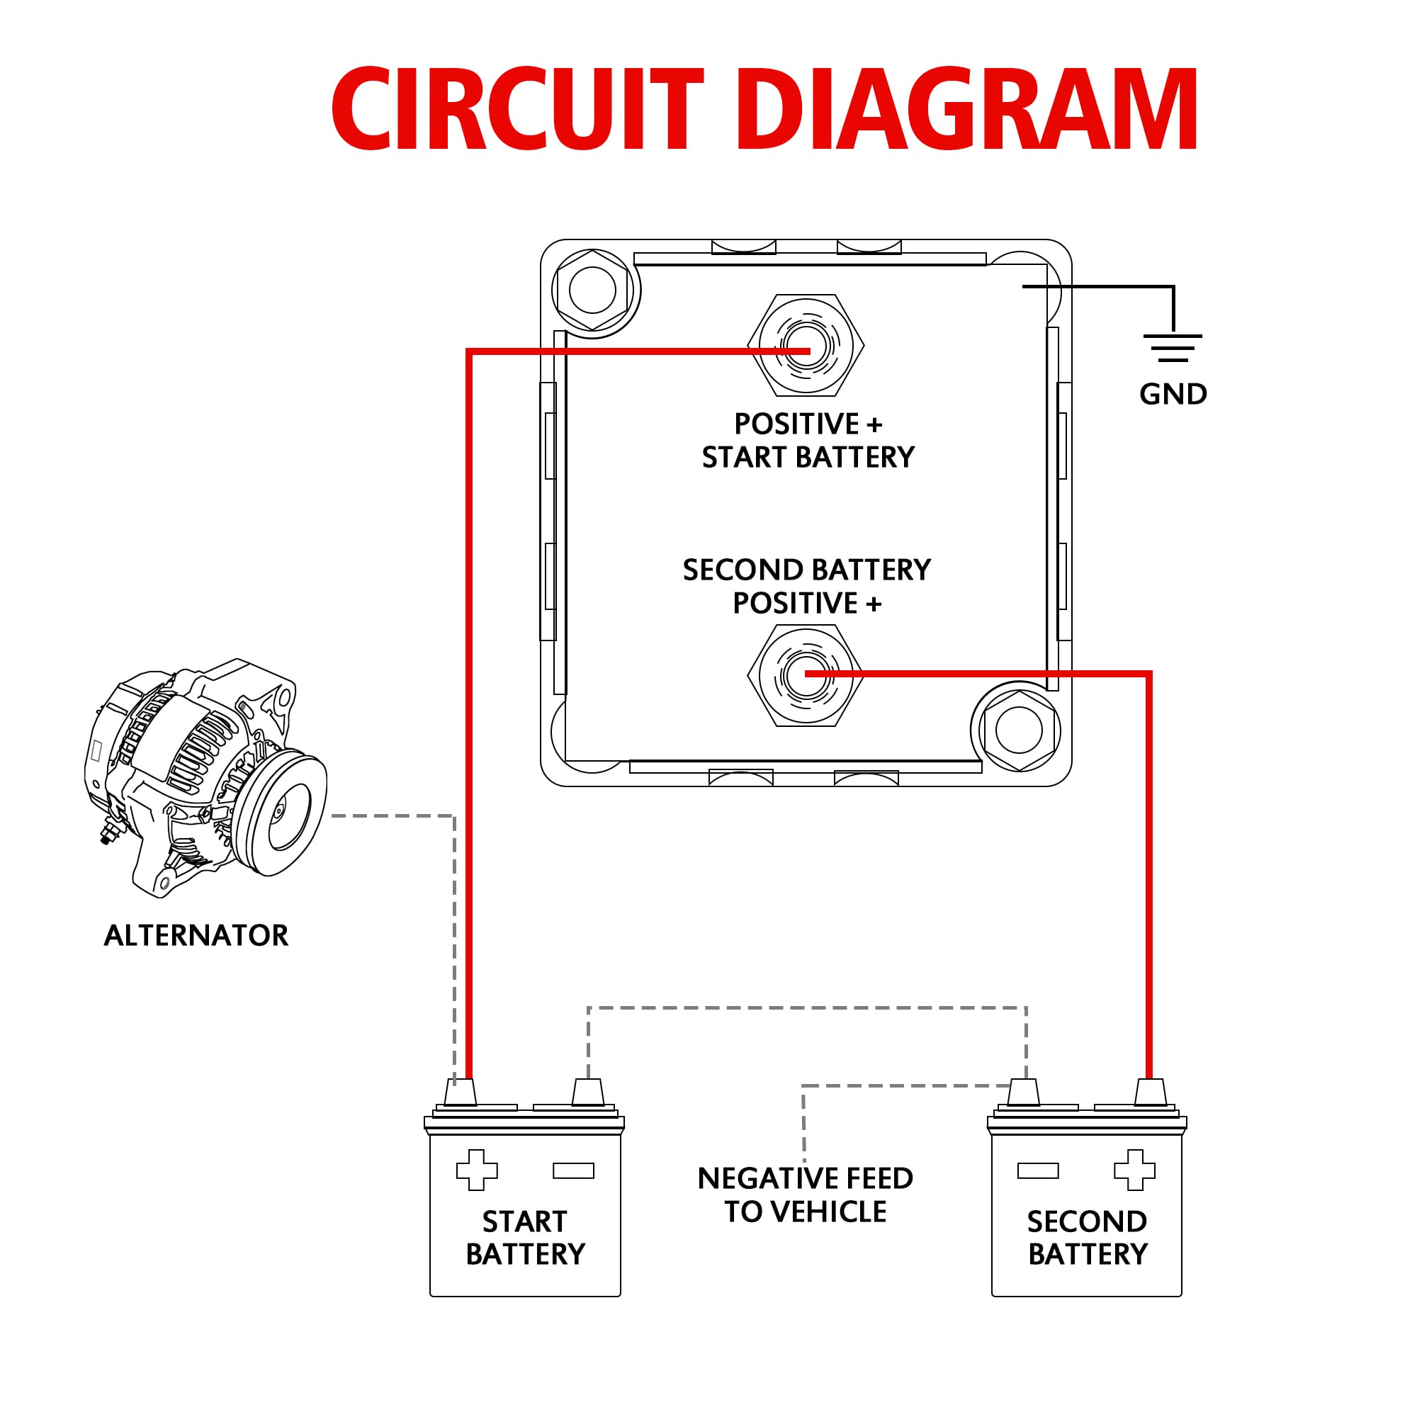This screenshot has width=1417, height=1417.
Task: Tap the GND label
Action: coord(1173,395)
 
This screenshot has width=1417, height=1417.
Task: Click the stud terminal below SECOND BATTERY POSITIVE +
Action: coord(806,674)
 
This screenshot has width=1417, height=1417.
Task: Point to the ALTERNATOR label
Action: coord(196,935)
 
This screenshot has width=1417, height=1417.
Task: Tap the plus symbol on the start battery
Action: coord(477,1170)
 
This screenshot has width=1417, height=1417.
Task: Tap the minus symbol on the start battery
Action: coord(574,1170)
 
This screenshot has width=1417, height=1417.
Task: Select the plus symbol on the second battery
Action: coord(1134,1170)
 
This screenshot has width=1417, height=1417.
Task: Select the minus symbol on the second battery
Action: coord(1038,1170)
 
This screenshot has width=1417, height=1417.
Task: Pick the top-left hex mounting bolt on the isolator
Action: coord(592,290)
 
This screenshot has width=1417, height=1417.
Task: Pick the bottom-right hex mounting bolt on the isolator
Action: coord(1019,730)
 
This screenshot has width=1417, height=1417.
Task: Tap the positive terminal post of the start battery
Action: coord(461,1092)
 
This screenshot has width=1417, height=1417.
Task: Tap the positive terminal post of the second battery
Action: coord(1150,1092)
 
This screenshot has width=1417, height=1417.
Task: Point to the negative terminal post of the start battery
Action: coord(587,1092)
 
